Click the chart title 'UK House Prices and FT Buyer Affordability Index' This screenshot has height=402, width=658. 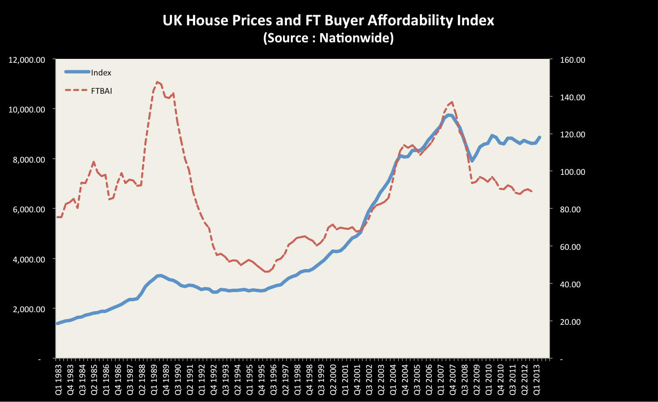point(328,20)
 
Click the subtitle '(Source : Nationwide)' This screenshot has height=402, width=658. point(328,38)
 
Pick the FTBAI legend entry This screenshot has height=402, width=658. point(101,91)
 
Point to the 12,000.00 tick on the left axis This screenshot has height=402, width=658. point(27,60)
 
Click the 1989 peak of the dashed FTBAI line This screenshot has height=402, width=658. point(157,82)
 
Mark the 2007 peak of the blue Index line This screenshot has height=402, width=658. point(449,115)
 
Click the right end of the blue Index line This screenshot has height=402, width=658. point(540,137)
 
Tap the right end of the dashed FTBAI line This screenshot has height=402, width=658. point(532,191)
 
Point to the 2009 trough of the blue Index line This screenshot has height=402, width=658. point(472,161)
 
